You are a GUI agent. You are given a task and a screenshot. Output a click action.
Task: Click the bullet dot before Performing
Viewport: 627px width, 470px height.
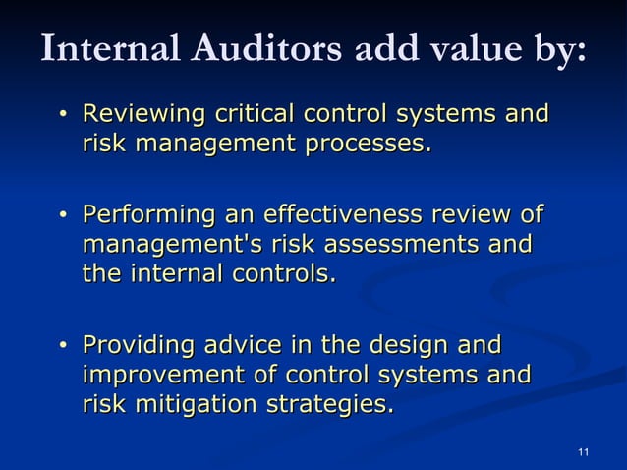click(x=63, y=215)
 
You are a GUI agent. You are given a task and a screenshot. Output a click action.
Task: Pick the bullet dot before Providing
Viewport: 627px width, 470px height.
click(x=63, y=347)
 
